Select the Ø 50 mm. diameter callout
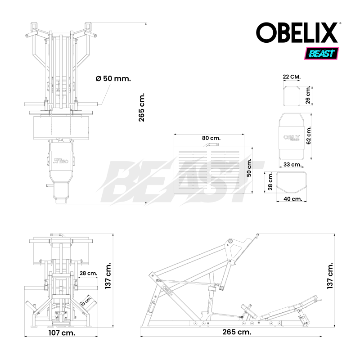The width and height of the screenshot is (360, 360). click(113, 78)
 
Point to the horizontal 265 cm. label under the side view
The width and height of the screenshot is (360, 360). click(236, 332)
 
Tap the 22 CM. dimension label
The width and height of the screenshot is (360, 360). click(292, 77)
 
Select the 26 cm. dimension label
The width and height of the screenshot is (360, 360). click(308, 95)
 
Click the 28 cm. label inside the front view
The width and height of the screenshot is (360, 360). click(88, 273)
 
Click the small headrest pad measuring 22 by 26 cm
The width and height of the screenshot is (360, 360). click(292, 95)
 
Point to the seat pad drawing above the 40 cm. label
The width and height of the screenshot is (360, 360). click(292, 181)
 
